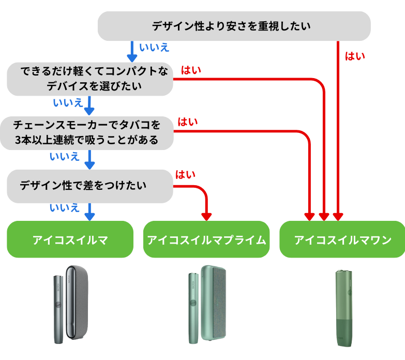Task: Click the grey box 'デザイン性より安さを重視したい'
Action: [x=234, y=26]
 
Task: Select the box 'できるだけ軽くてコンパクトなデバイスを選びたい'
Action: [x=89, y=79]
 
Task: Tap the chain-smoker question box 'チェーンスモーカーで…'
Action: [x=86, y=133]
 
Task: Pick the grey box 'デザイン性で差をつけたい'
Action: [x=89, y=186]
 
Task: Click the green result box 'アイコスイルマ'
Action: [x=70, y=239]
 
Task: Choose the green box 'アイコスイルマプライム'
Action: [x=206, y=239]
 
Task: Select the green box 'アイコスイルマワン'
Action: [x=342, y=239]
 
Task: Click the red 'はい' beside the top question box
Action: [x=355, y=56]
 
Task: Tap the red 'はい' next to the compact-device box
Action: [x=191, y=69]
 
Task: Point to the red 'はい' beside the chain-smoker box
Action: [x=188, y=123]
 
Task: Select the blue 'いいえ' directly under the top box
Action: [x=154, y=48]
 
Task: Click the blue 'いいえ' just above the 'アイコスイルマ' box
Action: [x=64, y=208]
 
